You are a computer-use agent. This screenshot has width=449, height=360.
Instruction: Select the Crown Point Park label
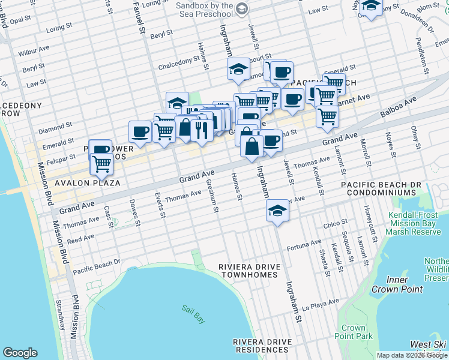tap(354, 332)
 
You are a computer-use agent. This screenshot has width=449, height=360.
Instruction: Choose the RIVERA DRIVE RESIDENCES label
tap(262, 346)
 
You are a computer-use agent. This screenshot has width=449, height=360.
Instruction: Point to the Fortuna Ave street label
tap(304, 245)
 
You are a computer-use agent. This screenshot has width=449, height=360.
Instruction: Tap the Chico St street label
tap(331, 224)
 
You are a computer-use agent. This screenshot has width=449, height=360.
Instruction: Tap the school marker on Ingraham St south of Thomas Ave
tap(277, 211)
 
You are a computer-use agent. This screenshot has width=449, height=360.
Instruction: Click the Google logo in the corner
tap(20, 353)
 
